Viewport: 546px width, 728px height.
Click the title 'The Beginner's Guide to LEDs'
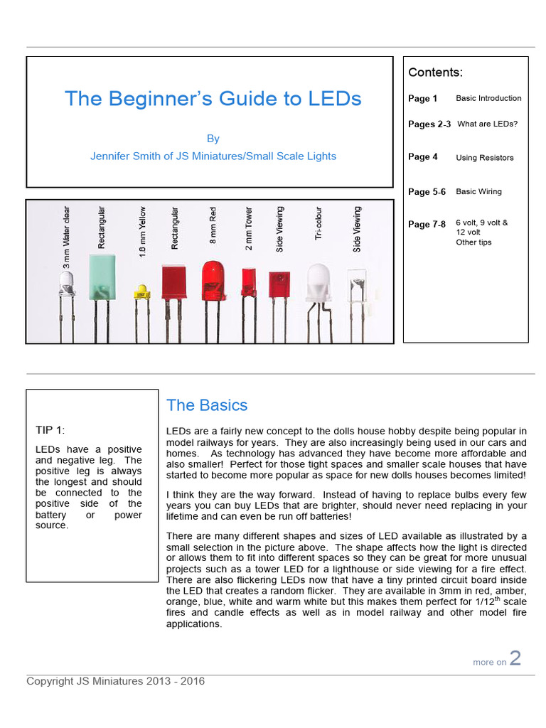(213, 98)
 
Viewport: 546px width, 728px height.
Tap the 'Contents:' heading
(435, 73)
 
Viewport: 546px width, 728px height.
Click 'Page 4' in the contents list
(423, 157)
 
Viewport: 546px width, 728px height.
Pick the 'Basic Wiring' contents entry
(478, 191)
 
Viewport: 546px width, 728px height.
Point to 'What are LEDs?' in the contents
(487, 124)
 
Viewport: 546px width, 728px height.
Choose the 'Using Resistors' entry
(484, 158)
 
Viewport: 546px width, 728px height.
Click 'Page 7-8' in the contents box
(427, 224)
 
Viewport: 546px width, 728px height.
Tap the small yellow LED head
(141, 291)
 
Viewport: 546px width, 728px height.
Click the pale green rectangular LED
(103, 276)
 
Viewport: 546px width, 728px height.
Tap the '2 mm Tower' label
(249, 229)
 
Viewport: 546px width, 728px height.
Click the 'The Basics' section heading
(207, 405)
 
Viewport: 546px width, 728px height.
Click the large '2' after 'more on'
(515, 658)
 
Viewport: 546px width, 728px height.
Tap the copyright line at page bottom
(115, 681)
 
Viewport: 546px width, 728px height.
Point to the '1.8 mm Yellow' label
(141, 231)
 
